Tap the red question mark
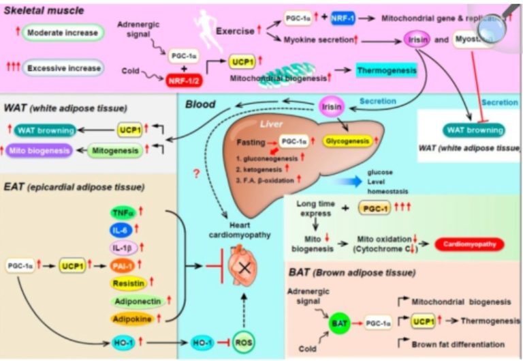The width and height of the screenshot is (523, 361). pyautogui.click(x=197, y=175)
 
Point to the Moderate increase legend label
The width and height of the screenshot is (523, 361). pyautogui.click(x=62, y=33)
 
